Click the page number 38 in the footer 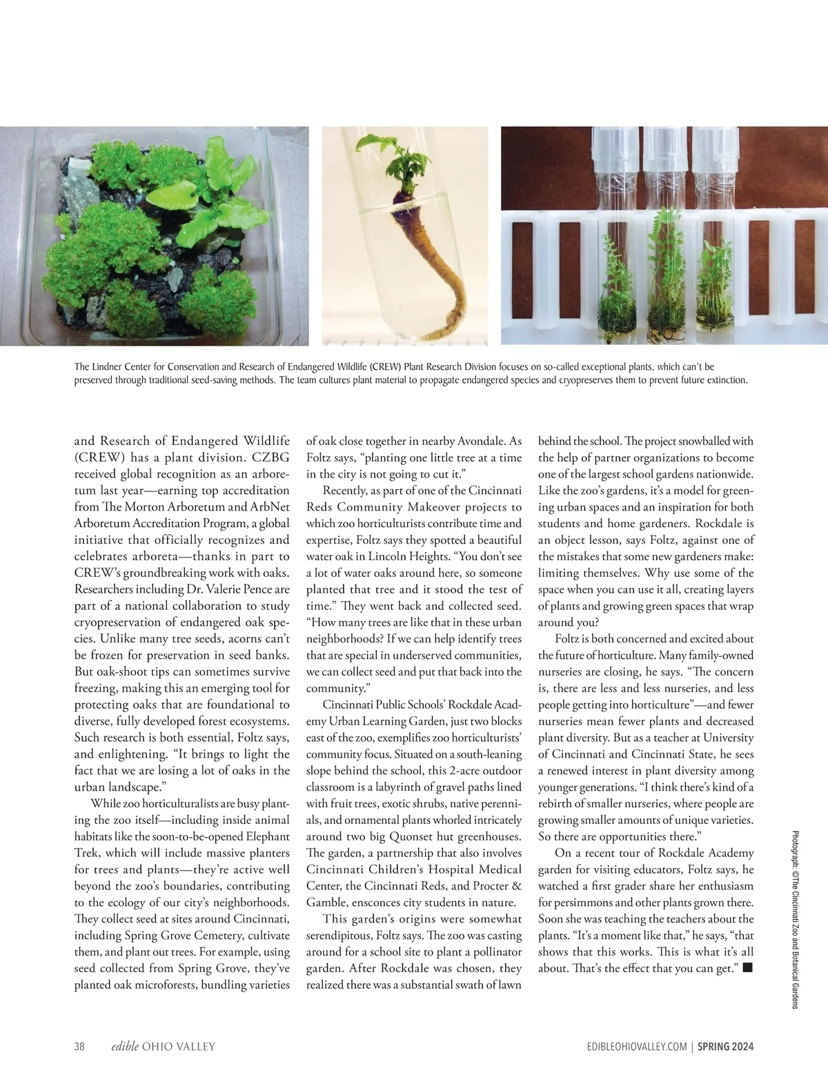pos(79,1047)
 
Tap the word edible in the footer pos(125,1047)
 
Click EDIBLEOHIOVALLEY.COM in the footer pos(633,1047)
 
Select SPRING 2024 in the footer pos(725,1047)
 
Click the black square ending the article pos(747,968)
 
